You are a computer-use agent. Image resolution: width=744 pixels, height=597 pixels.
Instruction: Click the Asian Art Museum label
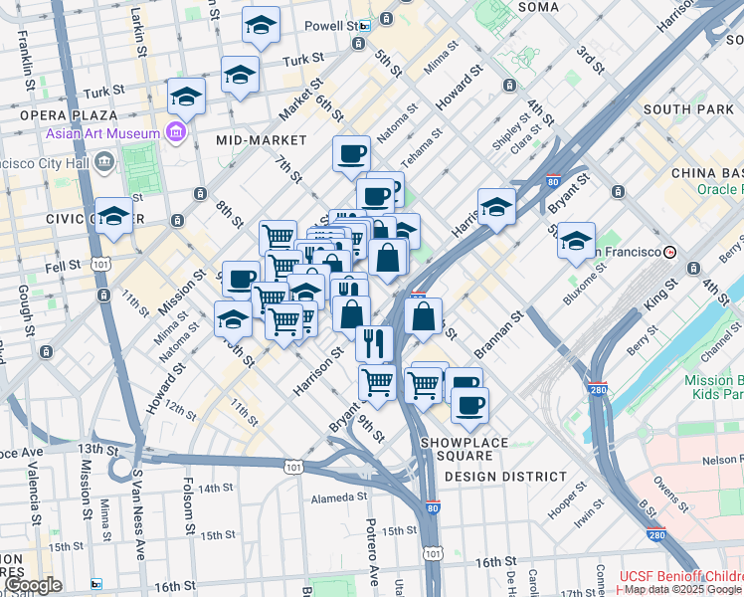click(x=102, y=133)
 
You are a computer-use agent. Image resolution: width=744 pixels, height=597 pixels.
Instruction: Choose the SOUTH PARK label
click(x=687, y=108)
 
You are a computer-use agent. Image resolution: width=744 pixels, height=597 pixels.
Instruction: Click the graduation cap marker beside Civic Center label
click(x=114, y=216)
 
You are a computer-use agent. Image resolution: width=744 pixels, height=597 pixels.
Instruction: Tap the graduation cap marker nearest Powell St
click(x=261, y=25)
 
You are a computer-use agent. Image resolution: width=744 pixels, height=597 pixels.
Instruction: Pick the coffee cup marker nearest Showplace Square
click(x=469, y=404)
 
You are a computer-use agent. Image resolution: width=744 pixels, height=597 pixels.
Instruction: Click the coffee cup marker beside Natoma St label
click(x=351, y=153)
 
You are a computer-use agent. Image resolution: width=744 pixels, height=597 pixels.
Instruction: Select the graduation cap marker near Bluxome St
click(x=576, y=241)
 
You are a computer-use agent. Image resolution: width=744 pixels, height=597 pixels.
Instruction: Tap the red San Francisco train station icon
click(x=671, y=253)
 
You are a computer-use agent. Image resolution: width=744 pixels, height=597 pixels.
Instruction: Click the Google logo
click(x=33, y=585)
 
